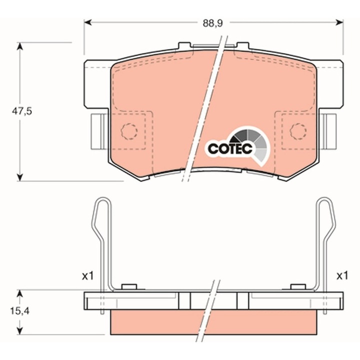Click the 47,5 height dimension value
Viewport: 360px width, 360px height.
point(22,111)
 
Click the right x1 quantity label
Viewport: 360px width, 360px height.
point(341,276)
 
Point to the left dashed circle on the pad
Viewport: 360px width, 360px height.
point(129,131)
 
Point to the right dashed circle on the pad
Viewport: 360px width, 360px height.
point(298,131)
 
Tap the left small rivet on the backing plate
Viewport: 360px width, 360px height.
point(129,286)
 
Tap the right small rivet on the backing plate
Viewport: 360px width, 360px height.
point(298,286)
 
